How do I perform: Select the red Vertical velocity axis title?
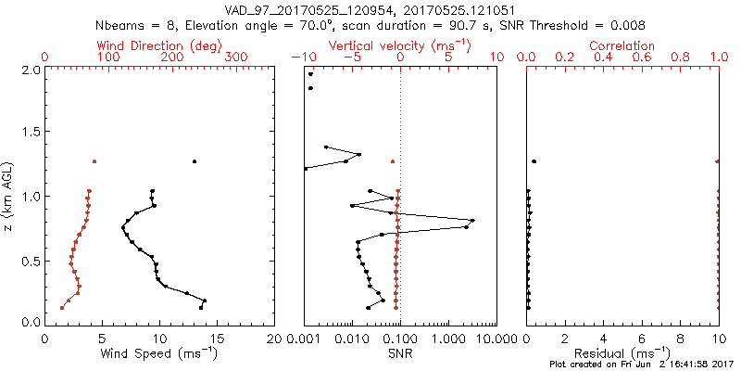coord(399,45)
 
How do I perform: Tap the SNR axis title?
coord(400,353)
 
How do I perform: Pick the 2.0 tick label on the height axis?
coord(30,70)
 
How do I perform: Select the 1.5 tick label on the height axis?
coord(30,133)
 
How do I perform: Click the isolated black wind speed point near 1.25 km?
coord(195,161)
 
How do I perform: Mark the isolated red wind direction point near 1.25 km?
coord(94,161)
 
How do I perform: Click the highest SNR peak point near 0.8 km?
coord(472,221)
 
